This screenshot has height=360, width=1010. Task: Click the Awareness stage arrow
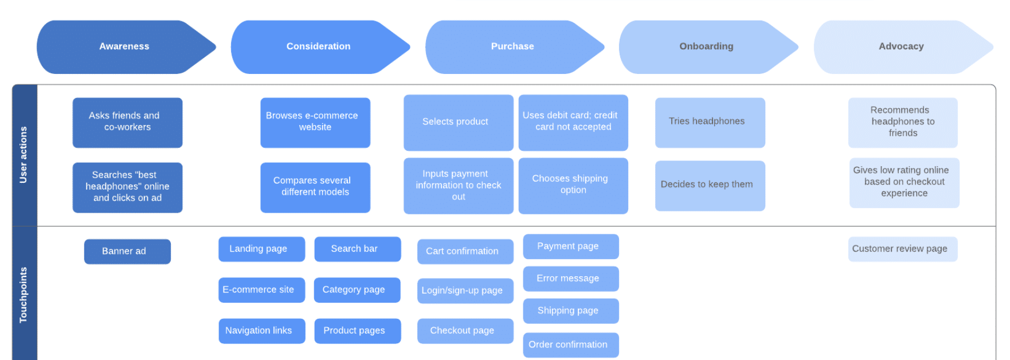coord(124,46)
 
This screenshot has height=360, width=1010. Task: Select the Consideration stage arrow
coord(319,46)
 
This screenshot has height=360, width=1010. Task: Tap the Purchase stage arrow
coord(512,46)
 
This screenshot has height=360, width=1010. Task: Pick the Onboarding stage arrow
coord(706,46)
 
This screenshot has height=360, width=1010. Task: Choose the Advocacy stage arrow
coord(901,46)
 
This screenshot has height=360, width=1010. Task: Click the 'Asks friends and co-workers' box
coord(127,122)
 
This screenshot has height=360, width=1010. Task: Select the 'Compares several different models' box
coord(315,187)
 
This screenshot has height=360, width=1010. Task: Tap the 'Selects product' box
coord(458,122)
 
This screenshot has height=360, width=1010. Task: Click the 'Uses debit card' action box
coord(573,122)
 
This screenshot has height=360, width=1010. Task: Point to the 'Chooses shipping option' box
coord(573,185)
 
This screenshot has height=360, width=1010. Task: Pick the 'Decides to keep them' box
coord(710,185)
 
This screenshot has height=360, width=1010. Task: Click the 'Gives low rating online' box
coord(904,182)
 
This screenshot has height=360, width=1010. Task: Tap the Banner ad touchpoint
coord(127,251)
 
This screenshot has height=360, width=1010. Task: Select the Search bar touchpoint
coord(357,249)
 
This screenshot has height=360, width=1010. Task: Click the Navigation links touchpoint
coord(261,331)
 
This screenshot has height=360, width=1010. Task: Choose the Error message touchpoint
coord(570,279)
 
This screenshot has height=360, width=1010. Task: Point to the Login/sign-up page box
coord(465,291)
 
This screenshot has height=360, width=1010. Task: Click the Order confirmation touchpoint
coord(570,345)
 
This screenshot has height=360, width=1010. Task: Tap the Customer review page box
coord(902,249)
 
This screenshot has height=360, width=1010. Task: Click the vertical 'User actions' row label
coord(24,155)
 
